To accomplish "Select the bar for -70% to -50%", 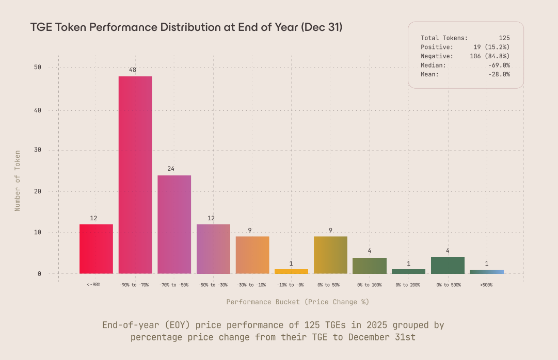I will click(174, 224).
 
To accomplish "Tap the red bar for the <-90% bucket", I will click(96, 249).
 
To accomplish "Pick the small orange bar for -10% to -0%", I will click(291, 271).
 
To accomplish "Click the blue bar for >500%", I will click(486, 271).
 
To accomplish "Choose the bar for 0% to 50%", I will click(330, 255).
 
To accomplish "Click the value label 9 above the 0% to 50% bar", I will click(330, 230).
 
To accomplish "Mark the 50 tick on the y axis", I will click(38, 68).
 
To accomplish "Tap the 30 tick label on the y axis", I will click(38, 150).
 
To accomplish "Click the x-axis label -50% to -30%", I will click(213, 285).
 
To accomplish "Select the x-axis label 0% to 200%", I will click(408, 285).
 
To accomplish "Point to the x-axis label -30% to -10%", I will click(252, 285).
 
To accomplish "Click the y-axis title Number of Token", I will click(18, 181).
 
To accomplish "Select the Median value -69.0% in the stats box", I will click(499, 66).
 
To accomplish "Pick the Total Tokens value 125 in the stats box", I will click(504, 38).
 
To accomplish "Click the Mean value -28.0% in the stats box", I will click(499, 74).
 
